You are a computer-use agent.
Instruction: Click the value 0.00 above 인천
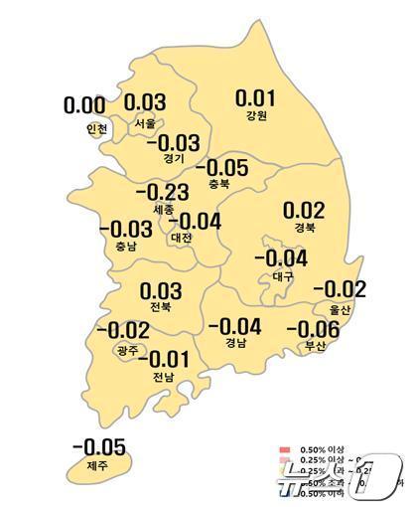coord(85,104)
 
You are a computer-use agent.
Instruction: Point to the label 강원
coord(254,116)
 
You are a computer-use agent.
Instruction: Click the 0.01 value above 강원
coord(254,97)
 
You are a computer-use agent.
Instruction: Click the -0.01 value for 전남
coord(161,359)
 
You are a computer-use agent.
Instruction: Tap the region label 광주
coord(126,350)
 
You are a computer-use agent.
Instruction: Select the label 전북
coord(161,309)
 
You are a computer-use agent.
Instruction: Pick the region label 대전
coord(182,238)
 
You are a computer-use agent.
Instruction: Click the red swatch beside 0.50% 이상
coord(285,453)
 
